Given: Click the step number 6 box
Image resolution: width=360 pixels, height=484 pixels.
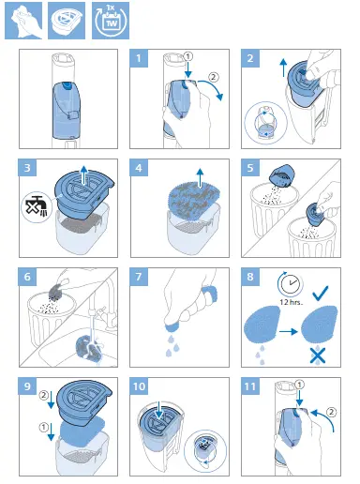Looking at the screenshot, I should pos(29,279).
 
